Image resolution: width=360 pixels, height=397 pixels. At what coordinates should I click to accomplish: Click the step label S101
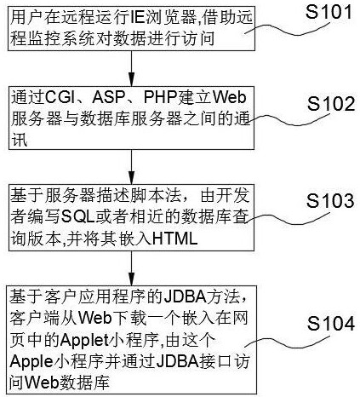coord(329,12)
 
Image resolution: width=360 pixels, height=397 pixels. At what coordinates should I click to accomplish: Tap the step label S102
coord(331,104)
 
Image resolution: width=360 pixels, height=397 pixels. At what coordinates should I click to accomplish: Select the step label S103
coord(330,201)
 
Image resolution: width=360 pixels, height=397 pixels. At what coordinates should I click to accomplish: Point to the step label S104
coord(331,323)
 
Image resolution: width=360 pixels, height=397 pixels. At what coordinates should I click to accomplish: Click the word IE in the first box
coord(137,17)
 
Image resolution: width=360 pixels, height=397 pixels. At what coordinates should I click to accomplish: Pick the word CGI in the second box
coord(59,97)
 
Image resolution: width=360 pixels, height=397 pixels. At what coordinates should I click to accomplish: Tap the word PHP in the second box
coord(160,97)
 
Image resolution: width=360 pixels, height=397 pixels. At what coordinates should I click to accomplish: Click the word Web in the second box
coord(230,97)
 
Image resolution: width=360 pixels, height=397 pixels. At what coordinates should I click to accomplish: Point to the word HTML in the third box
coord(175,239)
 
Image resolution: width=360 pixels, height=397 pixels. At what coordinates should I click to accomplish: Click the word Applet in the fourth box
coord(84,340)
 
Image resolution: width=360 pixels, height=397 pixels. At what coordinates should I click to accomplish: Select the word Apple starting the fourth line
coord(31,361)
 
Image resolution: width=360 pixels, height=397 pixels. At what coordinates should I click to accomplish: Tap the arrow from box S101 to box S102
coord(131,68)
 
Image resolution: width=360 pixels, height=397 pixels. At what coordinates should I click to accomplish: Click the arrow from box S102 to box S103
coord(131,167)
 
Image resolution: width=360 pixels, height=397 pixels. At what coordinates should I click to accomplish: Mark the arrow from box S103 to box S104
coord(131,268)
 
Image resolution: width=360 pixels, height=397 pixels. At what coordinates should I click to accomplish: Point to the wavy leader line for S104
coord(287,342)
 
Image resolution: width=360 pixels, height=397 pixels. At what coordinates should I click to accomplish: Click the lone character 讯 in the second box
coord(20,139)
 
